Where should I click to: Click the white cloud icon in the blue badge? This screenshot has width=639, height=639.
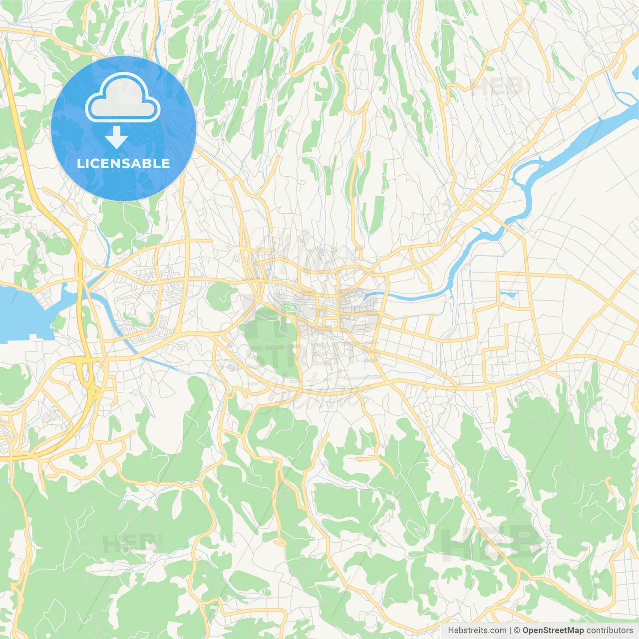click(123, 98)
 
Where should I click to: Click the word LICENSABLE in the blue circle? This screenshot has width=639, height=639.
click(123, 163)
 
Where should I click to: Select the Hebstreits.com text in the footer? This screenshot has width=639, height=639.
click(477, 631)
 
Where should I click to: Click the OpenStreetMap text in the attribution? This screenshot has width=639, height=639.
click(553, 631)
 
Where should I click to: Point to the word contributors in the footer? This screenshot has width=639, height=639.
click(609, 631)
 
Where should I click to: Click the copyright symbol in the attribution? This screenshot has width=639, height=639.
click(517, 631)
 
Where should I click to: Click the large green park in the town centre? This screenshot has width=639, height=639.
click(270, 344)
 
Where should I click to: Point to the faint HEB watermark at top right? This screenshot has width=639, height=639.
click(497, 87)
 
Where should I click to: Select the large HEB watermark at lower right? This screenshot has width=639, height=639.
click(492, 542)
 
